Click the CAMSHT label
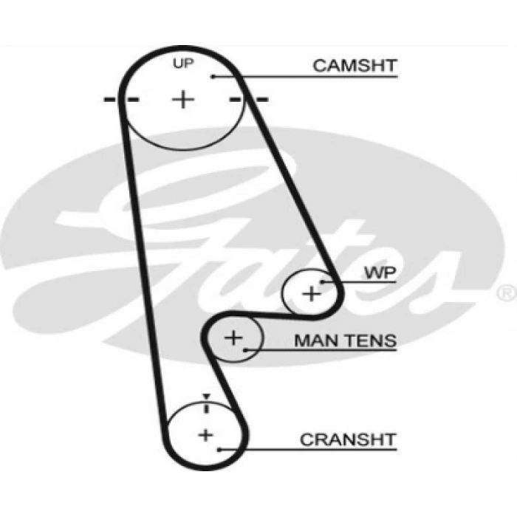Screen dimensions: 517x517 point(355,65)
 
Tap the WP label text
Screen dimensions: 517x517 point(380,273)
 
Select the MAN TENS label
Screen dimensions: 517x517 point(345,340)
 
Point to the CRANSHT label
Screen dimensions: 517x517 point(348,439)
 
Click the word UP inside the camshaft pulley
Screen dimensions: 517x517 point(182,64)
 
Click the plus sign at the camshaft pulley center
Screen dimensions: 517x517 point(182,98)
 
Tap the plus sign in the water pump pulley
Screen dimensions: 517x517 point(312,293)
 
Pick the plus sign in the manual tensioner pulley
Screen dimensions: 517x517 point(233,338)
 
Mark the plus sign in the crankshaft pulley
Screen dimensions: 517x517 point(205,434)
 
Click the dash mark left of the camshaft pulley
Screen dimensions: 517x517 point(112,98)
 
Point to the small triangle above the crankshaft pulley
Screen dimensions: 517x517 point(207,397)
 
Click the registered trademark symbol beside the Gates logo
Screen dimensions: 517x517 point(507,293)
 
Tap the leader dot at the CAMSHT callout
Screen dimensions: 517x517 point(212,75)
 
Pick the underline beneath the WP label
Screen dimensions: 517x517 point(362,282)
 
